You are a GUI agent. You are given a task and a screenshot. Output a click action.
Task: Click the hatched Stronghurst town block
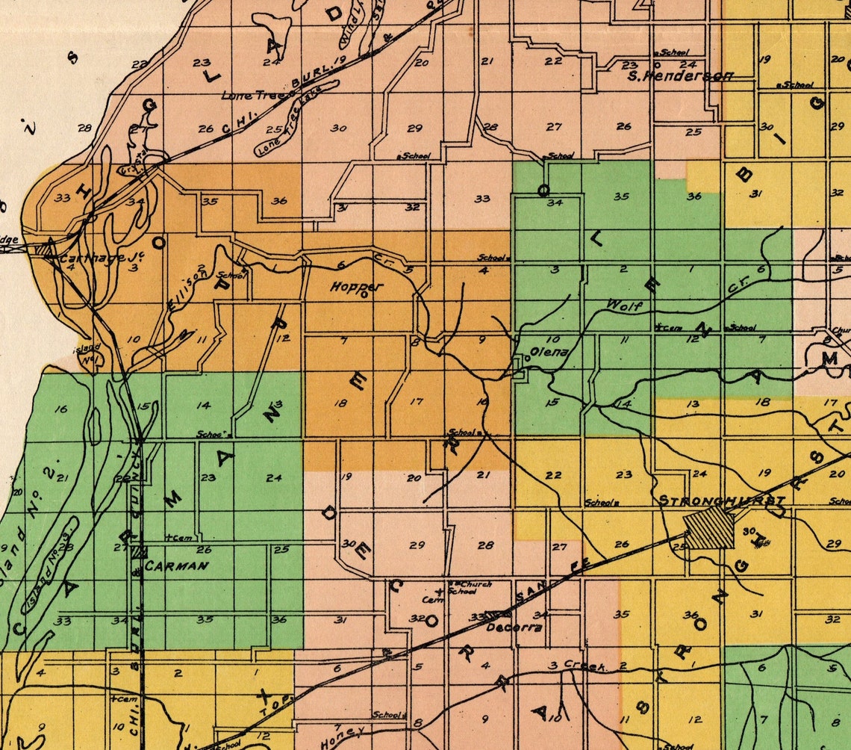point(710,529)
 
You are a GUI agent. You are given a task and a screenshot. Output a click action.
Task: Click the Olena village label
point(549,352)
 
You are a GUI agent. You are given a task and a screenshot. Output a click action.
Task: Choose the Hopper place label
point(357,286)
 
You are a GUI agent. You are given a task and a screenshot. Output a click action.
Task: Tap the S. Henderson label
point(679,75)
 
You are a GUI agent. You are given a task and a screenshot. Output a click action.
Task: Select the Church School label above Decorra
point(472,587)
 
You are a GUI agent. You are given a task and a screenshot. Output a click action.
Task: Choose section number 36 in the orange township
point(279,200)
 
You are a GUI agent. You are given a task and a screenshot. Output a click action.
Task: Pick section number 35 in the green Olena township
point(621,196)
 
